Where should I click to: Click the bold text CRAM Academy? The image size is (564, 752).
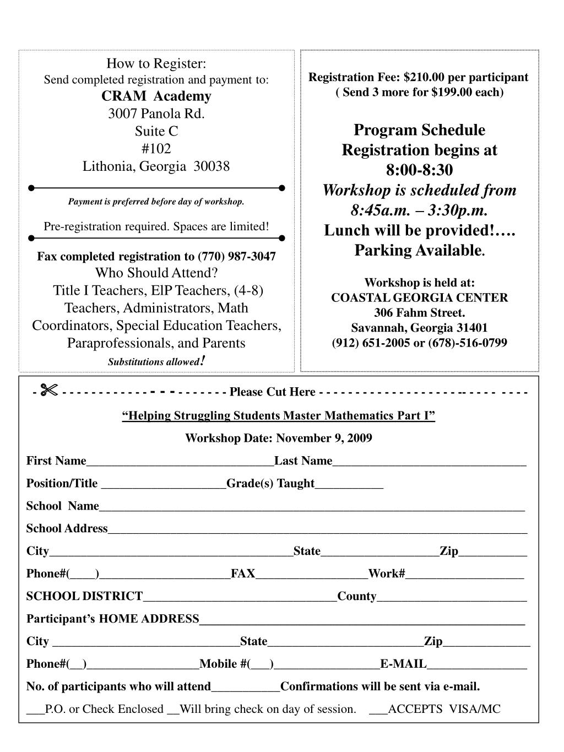point(156,96)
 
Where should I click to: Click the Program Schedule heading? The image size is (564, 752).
point(419,130)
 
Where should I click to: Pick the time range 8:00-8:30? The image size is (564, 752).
point(419,170)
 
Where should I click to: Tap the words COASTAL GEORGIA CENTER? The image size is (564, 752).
point(419,298)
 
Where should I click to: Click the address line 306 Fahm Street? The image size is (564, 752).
point(419,313)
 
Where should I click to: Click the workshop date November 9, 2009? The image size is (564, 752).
point(324,439)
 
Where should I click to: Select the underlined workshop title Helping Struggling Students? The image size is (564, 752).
point(278,415)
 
